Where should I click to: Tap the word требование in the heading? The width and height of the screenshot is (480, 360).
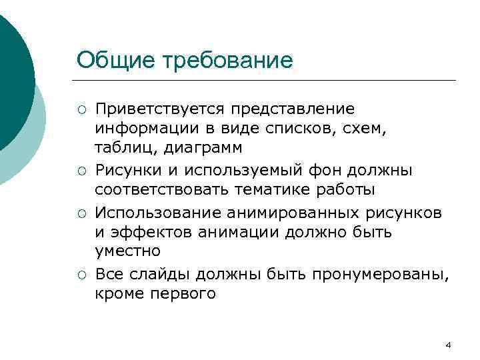pos(222,61)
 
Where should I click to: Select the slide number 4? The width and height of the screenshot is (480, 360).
pos(448,345)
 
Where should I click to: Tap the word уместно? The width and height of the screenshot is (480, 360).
pos(127,251)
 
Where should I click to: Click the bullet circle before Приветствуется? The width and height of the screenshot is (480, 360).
pos(81,109)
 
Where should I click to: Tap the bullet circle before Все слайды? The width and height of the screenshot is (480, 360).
pos(81,275)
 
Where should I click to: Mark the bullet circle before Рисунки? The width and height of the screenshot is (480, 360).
pos(81,171)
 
